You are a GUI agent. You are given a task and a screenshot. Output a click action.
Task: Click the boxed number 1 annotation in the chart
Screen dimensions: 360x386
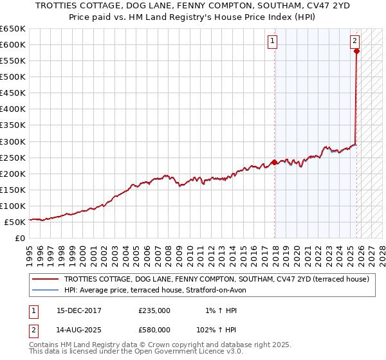[272, 41]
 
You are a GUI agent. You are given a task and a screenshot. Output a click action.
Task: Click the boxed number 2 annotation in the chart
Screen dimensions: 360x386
[354, 41]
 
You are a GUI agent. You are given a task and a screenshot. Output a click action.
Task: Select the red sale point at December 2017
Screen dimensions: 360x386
[275, 162]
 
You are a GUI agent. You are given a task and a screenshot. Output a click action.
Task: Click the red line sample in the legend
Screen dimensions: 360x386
[46, 280]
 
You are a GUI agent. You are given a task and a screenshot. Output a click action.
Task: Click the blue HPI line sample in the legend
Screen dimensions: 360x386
[46, 290]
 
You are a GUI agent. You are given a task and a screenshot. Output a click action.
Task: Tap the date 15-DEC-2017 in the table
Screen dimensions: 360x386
[79, 310]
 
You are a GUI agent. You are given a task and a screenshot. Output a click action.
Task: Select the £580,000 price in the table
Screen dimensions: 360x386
[154, 329]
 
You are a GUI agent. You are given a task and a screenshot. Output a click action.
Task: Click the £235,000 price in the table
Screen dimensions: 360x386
[154, 310]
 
